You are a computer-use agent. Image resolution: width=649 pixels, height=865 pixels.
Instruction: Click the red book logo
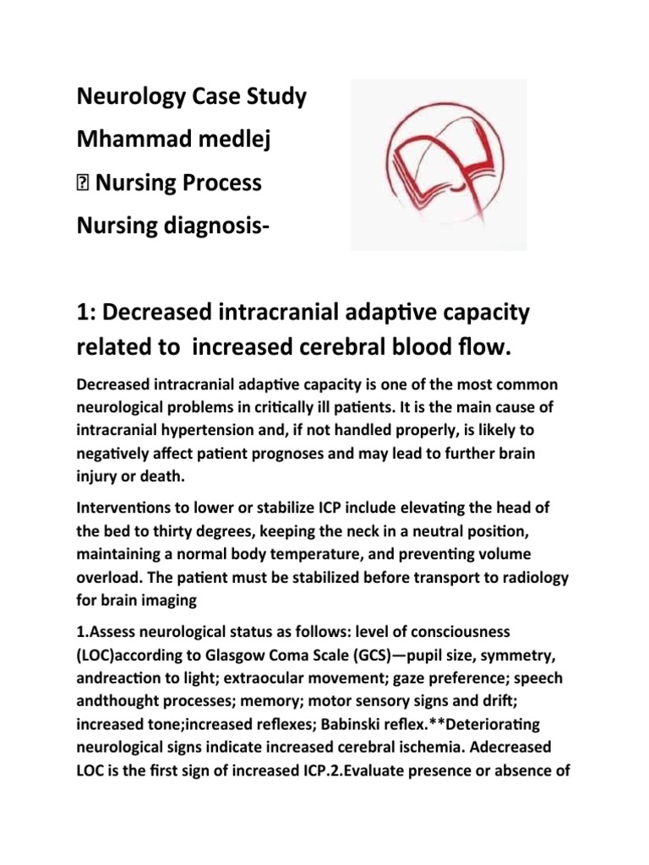(x=439, y=164)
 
